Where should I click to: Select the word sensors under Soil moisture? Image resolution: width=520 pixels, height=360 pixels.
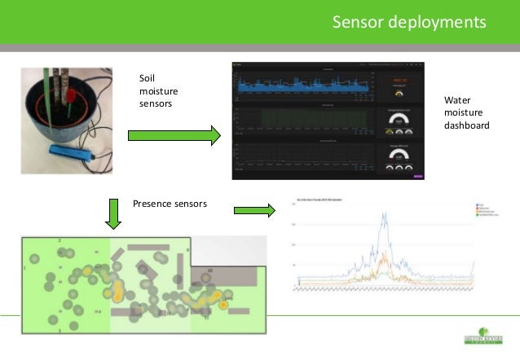click(156, 103)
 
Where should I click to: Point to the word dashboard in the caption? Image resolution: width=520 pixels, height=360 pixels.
click(466, 126)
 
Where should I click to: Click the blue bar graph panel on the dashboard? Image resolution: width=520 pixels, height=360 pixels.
click(302, 86)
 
